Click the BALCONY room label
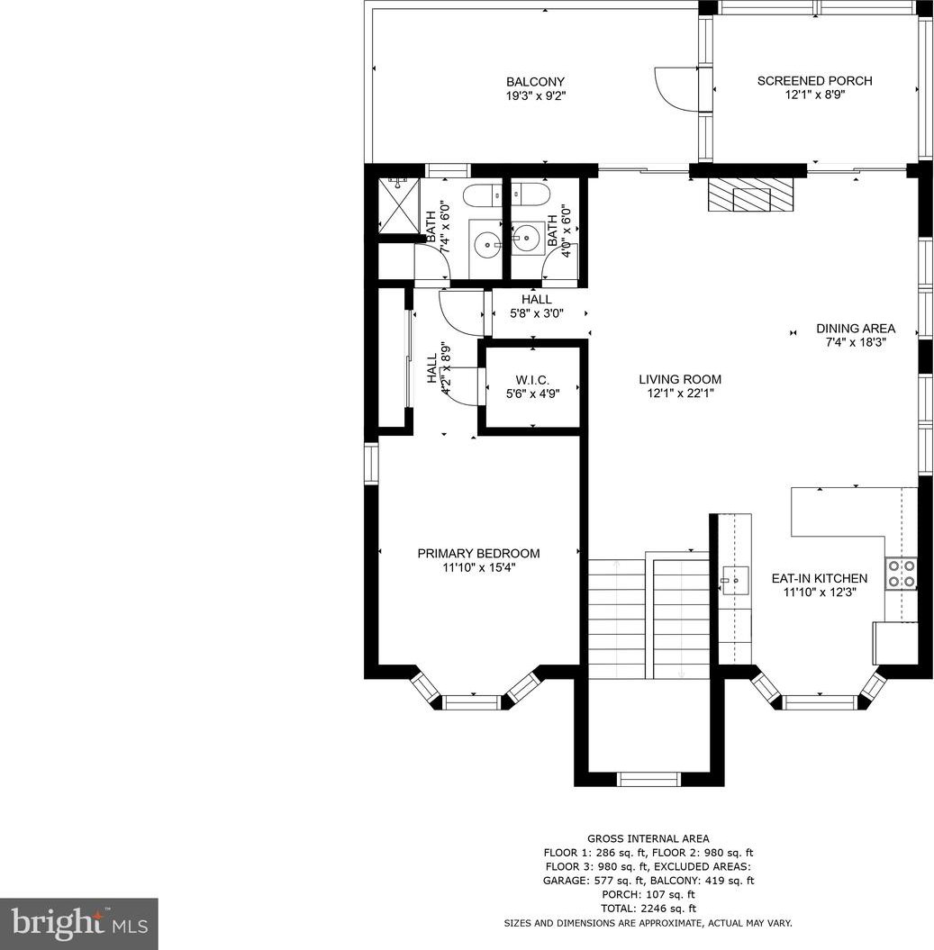point(535,82)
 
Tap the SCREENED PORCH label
point(814,80)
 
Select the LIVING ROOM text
point(680,379)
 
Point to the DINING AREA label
point(856,329)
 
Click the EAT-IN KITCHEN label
point(820,578)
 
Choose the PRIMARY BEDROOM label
point(478,553)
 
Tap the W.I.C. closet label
point(533,380)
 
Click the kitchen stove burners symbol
point(902,573)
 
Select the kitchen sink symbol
point(734,581)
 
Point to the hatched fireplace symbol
point(751,195)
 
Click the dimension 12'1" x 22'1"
point(680,394)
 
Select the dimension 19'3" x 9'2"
point(536,95)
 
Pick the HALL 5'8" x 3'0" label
point(537,306)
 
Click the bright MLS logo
point(79,924)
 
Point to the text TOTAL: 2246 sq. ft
point(648,909)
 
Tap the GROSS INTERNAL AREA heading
point(648,838)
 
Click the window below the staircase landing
point(649,779)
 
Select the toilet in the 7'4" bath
point(483,195)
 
